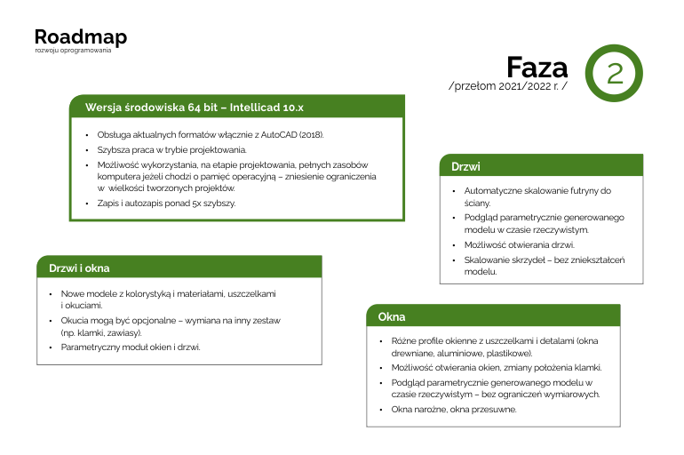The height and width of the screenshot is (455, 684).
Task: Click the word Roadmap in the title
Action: tap(80, 36)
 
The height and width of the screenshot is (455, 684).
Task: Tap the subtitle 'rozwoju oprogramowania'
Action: tap(73, 51)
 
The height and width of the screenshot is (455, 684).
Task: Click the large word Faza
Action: tap(537, 68)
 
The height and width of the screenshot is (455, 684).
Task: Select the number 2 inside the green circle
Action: tap(614, 73)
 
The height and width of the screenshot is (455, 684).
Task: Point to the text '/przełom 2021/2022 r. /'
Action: tap(509, 87)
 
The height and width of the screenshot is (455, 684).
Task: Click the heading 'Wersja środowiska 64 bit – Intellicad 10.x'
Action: tap(195, 107)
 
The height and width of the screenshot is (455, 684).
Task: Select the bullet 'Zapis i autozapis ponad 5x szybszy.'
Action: tap(166, 203)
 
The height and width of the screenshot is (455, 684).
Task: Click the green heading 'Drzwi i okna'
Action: tap(79, 267)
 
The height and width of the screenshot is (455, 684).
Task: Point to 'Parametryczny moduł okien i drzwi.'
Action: tap(131, 347)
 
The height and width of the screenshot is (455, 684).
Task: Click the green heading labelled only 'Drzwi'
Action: tap(466, 166)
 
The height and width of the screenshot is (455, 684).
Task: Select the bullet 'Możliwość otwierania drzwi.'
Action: tap(520, 244)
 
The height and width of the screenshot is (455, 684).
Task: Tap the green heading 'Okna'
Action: tap(392, 316)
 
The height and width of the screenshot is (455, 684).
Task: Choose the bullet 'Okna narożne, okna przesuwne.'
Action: tap(454, 410)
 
